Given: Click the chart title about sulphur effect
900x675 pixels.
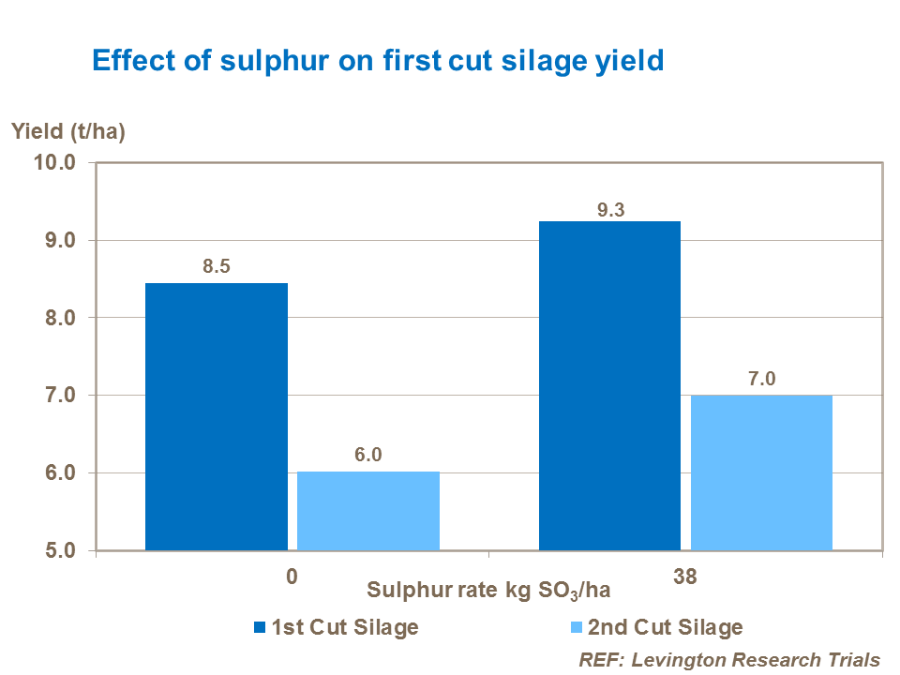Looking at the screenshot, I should [x=377, y=61].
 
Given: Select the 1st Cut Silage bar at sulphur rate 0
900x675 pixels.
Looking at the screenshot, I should [x=216, y=416].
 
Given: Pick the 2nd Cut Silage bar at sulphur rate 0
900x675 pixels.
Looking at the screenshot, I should [x=368, y=511].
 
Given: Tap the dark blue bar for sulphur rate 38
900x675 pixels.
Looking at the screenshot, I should [x=609, y=385].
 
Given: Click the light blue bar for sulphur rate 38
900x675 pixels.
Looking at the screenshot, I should [x=762, y=472].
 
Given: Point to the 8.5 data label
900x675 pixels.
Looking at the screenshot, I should [x=216, y=266].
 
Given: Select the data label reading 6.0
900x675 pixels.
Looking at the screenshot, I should [x=368, y=455].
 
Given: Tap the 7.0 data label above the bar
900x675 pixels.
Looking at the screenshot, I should [x=762, y=378].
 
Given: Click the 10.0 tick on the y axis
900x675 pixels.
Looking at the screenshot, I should [x=55, y=163].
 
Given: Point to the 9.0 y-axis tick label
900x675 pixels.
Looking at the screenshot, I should [x=59, y=241].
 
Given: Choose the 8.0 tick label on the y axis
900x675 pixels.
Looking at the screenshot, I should [x=59, y=318].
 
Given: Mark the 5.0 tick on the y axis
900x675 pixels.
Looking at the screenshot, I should [x=59, y=550].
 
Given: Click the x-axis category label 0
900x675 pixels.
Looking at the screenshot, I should [x=292, y=577].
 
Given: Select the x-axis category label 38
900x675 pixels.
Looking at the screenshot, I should [x=686, y=577].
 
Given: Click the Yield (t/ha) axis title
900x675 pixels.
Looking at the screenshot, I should [x=68, y=131].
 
